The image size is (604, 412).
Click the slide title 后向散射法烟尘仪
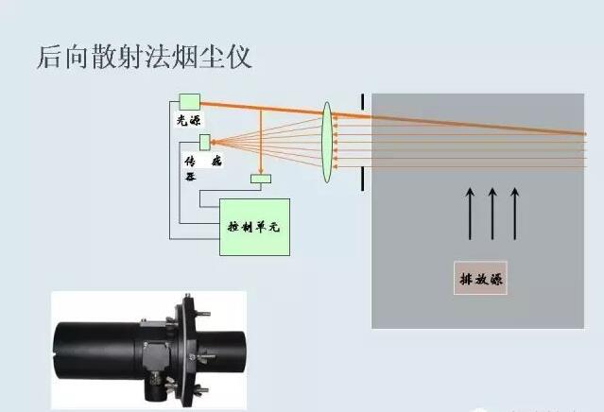pyautogui.click(x=144, y=57)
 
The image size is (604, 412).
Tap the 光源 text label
pyautogui.click(x=189, y=122)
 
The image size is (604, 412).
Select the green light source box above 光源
pyautogui.click(x=188, y=101)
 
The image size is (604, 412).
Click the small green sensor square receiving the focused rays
pyautogui.click(x=204, y=142)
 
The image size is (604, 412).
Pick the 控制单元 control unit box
pyautogui.click(x=254, y=227)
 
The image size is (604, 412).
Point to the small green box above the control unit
pyautogui.click(x=260, y=179)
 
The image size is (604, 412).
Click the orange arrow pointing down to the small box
pyautogui.click(x=260, y=142)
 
